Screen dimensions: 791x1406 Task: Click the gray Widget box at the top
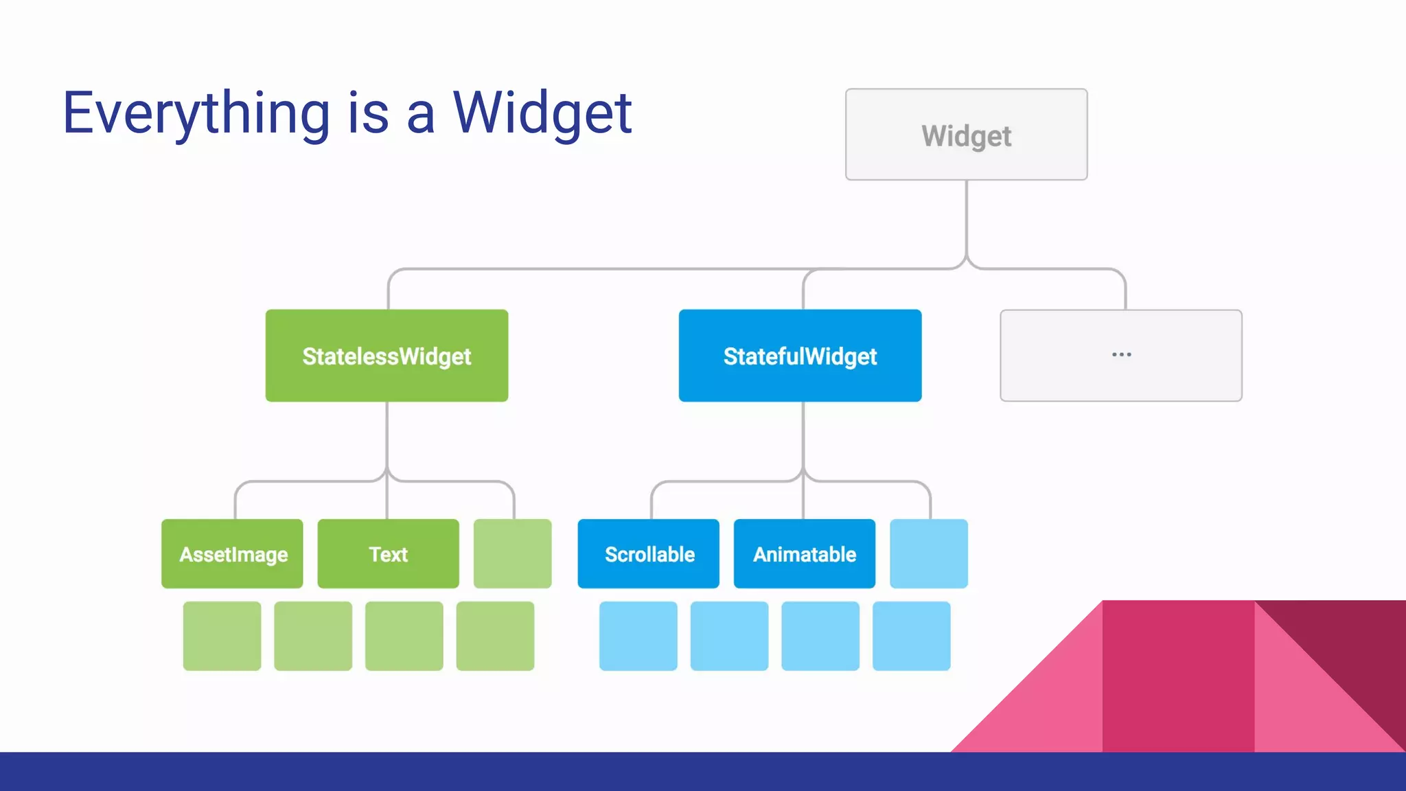click(x=966, y=135)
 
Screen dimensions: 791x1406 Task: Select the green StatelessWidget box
click(x=387, y=356)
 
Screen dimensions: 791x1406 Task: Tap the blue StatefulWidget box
click(x=800, y=356)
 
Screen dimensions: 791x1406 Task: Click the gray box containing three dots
click(x=1120, y=356)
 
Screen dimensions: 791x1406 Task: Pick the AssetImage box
click(x=232, y=553)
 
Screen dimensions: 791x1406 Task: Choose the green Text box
click(x=388, y=553)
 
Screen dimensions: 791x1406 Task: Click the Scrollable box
click(x=648, y=553)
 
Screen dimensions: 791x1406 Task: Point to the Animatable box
click(x=804, y=553)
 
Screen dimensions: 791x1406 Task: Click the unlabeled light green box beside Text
click(x=512, y=553)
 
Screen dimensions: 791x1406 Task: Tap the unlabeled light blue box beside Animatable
click(x=928, y=553)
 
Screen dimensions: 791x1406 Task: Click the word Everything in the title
click(x=196, y=113)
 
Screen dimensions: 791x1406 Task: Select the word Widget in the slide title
click(x=542, y=113)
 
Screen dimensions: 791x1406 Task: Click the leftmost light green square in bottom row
click(x=222, y=636)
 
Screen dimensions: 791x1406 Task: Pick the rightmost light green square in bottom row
click(x=495, y=636)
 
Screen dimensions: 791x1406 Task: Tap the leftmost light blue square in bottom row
click(x=638, y=636)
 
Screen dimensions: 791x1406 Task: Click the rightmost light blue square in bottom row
click(x=911, y=636)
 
